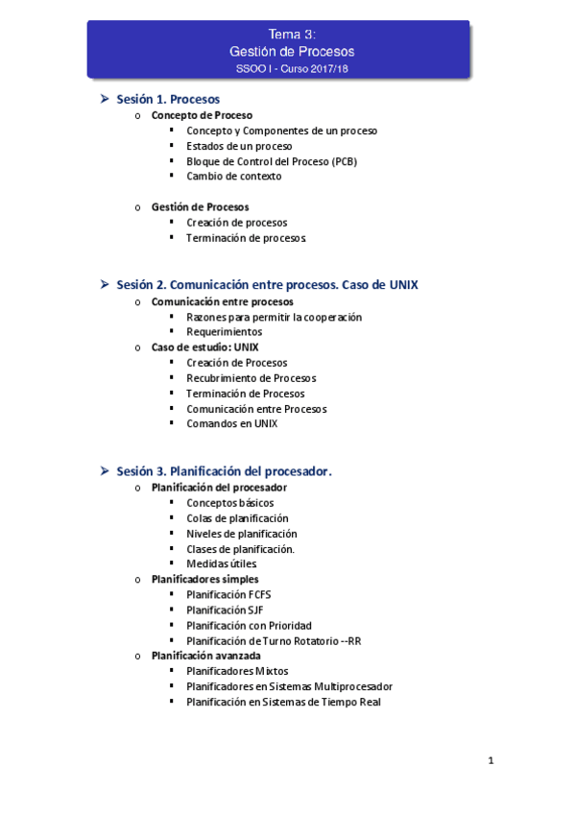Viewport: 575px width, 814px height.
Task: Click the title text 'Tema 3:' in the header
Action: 278,34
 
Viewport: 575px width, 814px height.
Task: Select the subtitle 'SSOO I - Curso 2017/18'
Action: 278,68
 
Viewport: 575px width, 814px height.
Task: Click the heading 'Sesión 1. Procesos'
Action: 168,99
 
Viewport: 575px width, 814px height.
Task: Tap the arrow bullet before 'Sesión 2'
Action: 106,285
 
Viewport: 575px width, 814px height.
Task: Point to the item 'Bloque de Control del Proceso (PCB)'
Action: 272,161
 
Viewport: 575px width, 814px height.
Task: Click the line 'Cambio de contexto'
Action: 234,177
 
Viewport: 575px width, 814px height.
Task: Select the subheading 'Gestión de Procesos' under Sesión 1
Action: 200,207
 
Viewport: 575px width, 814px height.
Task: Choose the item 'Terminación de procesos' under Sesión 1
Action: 246,238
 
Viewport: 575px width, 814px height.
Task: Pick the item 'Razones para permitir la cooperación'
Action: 274,317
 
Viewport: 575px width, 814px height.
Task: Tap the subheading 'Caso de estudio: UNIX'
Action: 204,347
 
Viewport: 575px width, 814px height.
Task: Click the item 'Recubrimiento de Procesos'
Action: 251,378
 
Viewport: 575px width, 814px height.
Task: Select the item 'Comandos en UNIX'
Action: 231,424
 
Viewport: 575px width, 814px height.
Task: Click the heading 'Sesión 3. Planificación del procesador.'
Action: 225,471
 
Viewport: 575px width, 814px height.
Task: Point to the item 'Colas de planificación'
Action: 237,518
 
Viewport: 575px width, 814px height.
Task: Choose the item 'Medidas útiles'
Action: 221,564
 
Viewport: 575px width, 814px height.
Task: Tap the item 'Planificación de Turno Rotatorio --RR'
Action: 273,641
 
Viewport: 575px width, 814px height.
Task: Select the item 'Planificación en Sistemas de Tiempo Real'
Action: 283,703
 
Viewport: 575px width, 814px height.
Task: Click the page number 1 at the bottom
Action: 491,762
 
